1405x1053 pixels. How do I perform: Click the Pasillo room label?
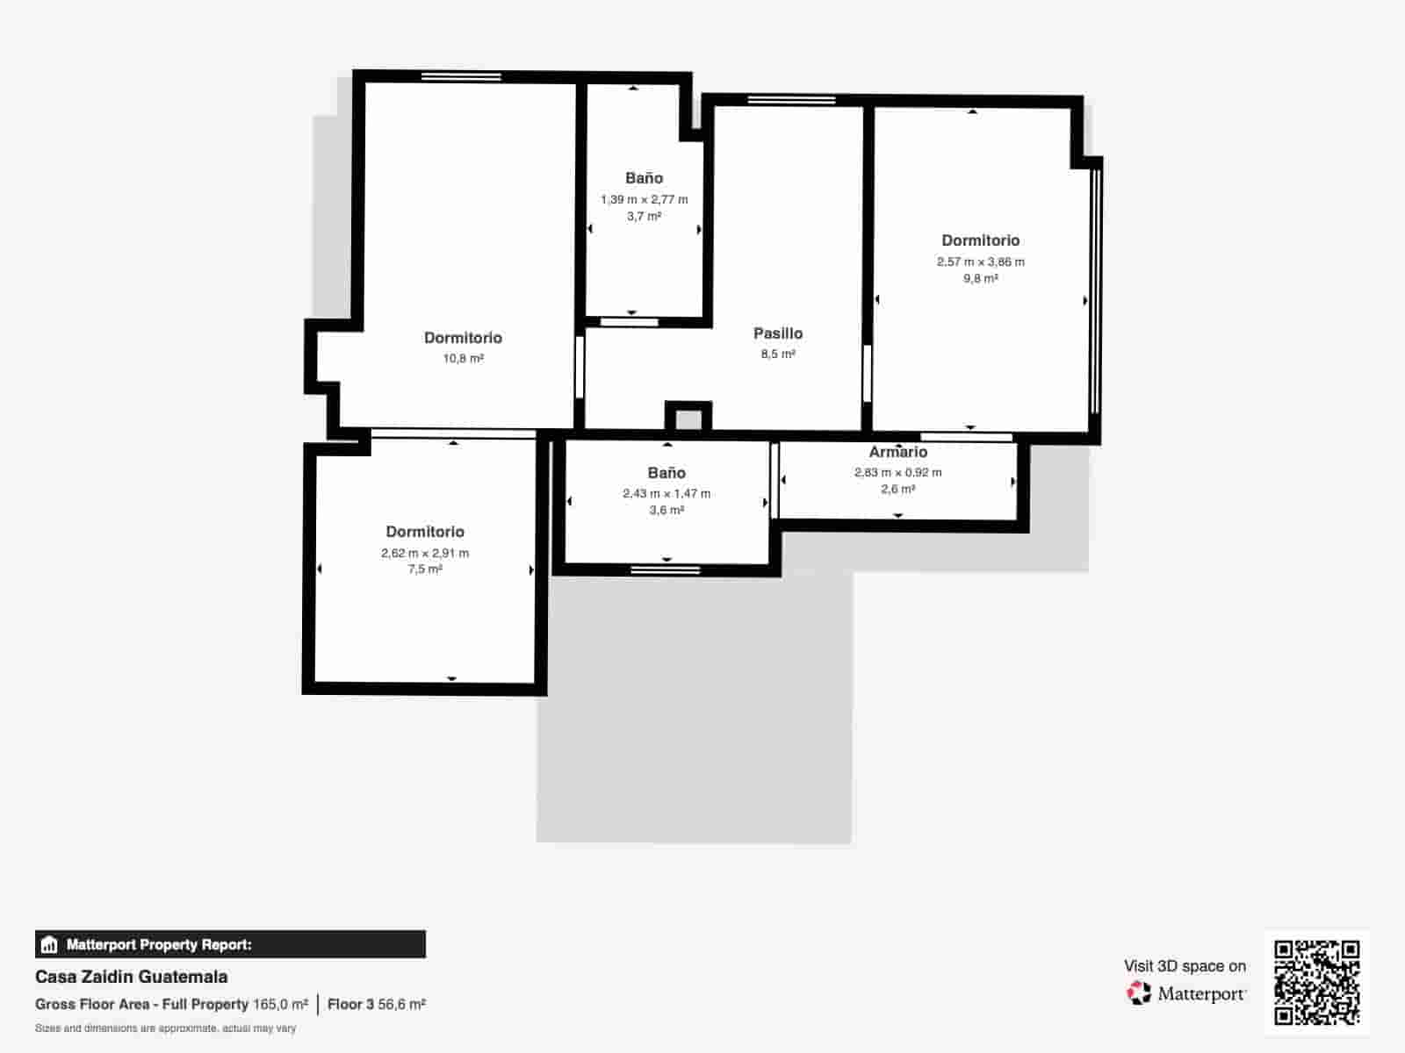pos(778,333)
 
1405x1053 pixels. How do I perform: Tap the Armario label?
pos(897,452)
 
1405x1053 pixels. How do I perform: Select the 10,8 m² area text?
pos(463,358)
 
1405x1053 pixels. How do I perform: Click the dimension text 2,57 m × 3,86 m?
pos(980,261)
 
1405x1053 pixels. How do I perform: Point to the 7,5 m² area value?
pos(425,569)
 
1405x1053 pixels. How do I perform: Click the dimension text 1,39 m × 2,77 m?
pos(644,199)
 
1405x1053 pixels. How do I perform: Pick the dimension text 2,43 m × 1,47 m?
pos(666,493)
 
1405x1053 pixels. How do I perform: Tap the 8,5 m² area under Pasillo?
pos(778,355)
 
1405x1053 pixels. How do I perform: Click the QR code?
pos(1316,982)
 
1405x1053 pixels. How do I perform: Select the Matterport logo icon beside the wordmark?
pos(1139,993)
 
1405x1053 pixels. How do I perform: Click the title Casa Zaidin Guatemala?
pos(131,977)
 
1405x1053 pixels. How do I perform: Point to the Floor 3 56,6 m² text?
pos(376,1004)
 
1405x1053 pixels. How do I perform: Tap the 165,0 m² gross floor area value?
pos(280,1004)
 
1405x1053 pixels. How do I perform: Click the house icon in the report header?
pos(49,945)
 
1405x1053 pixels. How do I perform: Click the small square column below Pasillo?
pos(688,419)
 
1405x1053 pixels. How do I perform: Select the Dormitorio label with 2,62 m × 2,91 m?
pos(425,532)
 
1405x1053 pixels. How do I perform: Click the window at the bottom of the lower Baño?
pos(666,570)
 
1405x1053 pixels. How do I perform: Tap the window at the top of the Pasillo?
pos(791,100)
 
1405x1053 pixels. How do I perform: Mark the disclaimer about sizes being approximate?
pos(165,1028)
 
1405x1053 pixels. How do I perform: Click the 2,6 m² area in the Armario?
pos(897,489)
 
